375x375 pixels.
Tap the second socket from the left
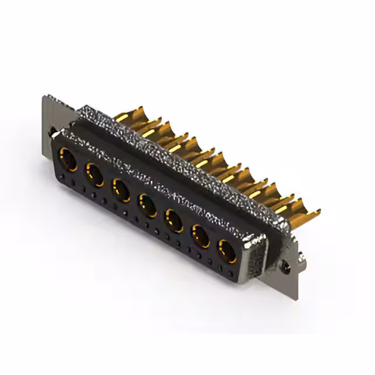94,175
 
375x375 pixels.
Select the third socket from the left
121,190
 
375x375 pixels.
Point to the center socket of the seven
147,205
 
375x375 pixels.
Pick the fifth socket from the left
174,221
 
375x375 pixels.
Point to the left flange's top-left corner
44,97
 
